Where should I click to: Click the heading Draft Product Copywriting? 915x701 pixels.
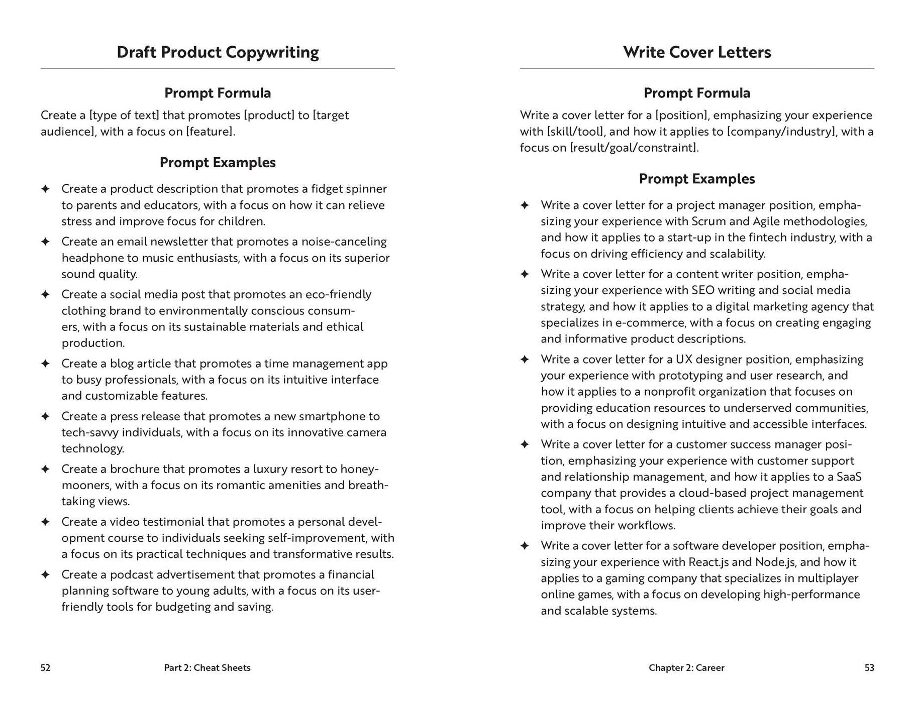[x=218, y=52]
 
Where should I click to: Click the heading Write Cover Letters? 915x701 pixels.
[x=696, y=52]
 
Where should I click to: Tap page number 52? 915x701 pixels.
[x=45, y=667]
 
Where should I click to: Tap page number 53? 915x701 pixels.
[x=869, y=667]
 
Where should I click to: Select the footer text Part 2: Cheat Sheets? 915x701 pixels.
[x=207, y=667]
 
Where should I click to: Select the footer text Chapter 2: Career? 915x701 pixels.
[x=686, y=667]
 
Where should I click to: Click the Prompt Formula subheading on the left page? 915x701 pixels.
[x=218, y=93]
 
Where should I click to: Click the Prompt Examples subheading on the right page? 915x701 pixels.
[x=696, y=179]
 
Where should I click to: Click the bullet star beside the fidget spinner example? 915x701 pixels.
[x=45, y=189]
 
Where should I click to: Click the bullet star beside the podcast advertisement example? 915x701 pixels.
[x=45, y=574]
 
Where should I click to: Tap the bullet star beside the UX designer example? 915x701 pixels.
[x=525, y=359]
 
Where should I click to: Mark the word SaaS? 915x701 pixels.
[x=849, y=477]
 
